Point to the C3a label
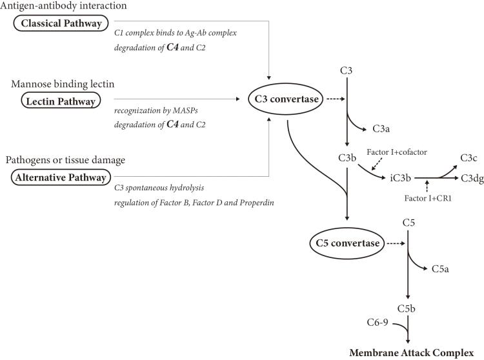381,128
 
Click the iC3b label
400,178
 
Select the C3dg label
472,178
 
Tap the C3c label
469,158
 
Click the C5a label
440,268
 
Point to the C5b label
406,308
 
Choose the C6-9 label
378,323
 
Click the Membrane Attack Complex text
412,353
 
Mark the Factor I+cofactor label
397,152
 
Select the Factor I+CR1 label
428,198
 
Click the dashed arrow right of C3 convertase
336,99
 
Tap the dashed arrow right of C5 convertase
396,243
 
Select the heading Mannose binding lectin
63,84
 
